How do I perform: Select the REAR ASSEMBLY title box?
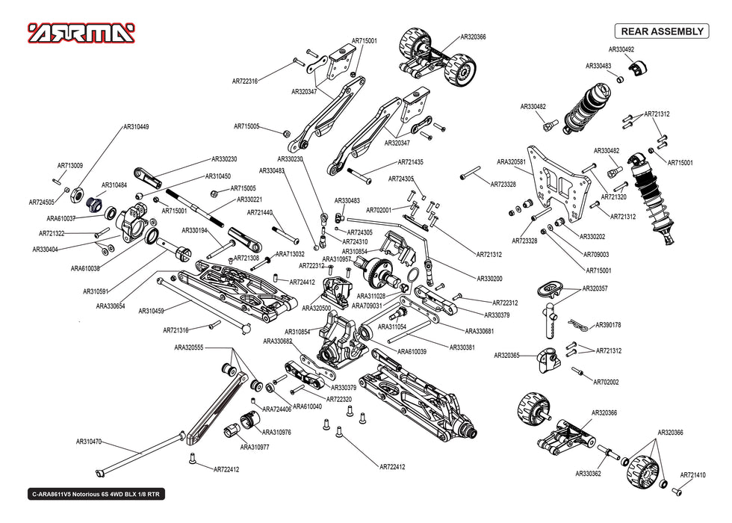tap(660, 31)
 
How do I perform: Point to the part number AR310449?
tap(136, 127)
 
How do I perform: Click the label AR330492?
tap(621, 49)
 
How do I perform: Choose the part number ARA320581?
tap(512, 161)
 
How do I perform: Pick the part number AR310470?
tap(88, 442)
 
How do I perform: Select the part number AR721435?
tap(410, 162)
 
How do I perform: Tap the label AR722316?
tap(245, 81)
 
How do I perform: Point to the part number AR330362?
tap(588, 473)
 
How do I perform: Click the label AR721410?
tap(692, 475)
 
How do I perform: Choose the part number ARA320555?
tap(189, 347)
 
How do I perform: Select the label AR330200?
tap(489, 279)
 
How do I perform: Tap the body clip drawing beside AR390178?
tap(575, 324)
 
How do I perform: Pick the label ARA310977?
tap(255, 447)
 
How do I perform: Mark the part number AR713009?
tap(70, 166)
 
